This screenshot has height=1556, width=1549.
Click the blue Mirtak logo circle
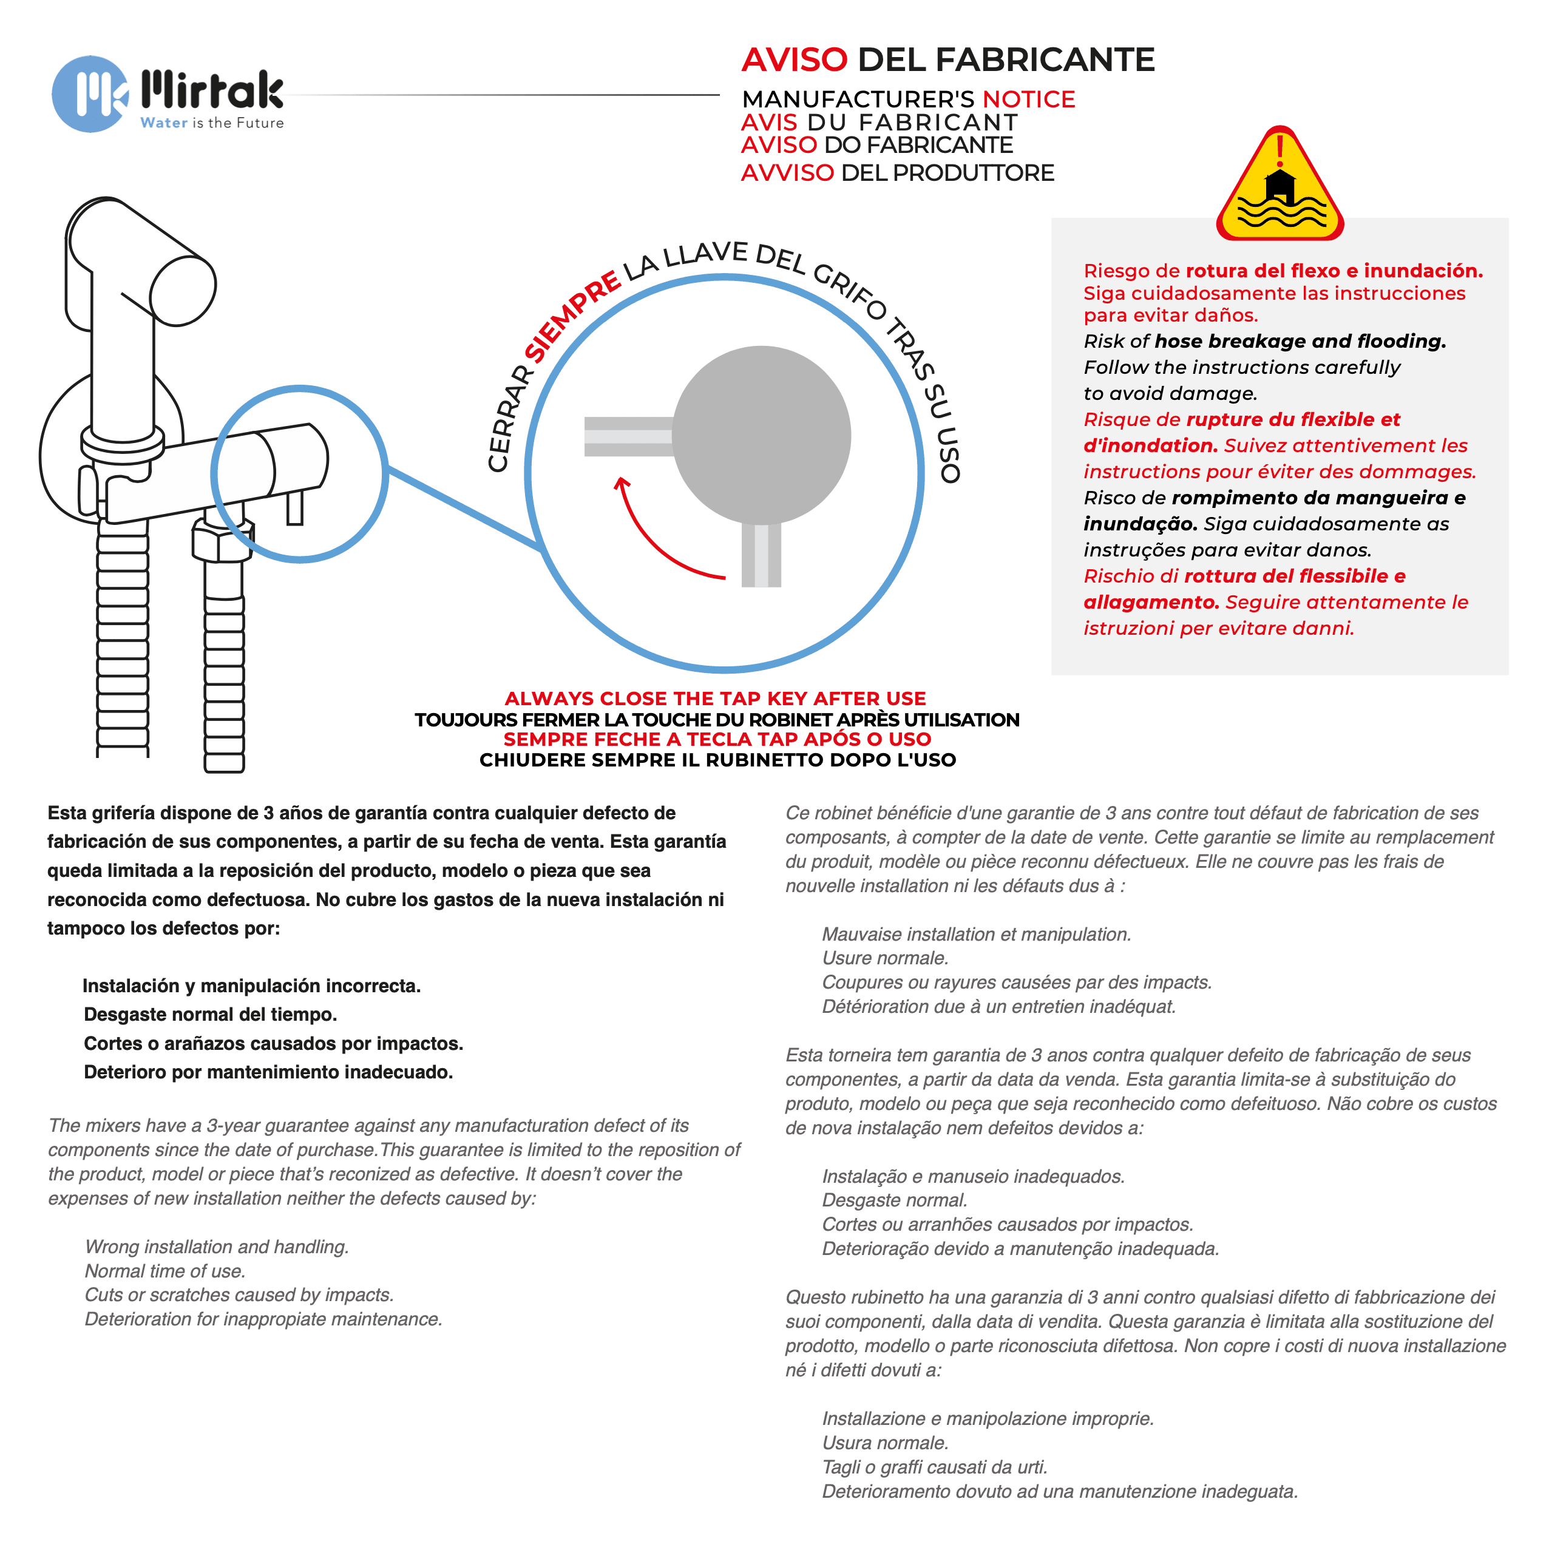coord(90,94)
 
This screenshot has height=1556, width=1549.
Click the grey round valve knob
coord(761,435)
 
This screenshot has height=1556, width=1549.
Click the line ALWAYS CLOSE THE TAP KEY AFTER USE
coord(715,699)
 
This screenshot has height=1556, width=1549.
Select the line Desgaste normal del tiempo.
coord(210,1014)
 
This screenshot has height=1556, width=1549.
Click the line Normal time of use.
coord(165,1271)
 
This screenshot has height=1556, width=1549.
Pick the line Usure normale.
coord(885,958)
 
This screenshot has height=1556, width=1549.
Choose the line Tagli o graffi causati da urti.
coord(934,1467)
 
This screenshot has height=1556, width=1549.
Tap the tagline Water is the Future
coord(212,123)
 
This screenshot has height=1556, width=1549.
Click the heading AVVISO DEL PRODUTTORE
coord(897,172)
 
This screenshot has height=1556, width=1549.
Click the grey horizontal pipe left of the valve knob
coord(628,436)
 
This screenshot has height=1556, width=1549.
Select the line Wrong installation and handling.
coord(217,1246)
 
